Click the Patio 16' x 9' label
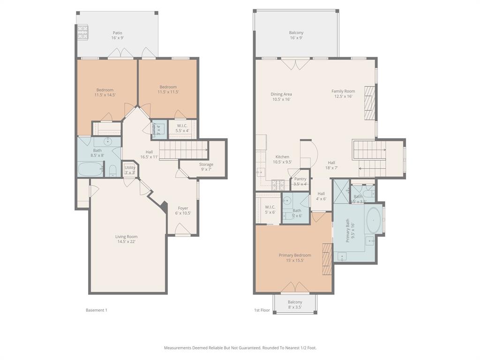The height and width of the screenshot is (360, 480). tap(117, 36)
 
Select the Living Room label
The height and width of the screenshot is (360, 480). tap(126, 239)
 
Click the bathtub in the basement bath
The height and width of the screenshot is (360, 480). tap(90, 169)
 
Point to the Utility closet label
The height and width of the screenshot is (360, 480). tap(130, 170)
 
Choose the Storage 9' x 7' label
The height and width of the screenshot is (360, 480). tap(206, 167)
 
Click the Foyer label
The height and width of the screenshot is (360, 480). tap(183, 210)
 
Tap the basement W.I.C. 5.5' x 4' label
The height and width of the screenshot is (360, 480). tap(182, 128)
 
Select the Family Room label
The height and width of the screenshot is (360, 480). tap(343, 94)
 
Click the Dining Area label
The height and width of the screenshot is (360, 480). tap(281, 97)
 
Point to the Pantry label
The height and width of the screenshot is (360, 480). tap(300, 181)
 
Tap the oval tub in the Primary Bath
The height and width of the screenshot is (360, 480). tap(373, 221)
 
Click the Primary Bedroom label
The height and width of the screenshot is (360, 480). tap(295, 258)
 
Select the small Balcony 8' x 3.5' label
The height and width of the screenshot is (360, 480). tap(295, 305)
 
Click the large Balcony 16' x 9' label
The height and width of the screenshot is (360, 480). tap(296, 35)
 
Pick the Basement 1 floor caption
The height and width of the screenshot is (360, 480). tap(97, 310)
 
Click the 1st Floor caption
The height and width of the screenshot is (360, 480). tap(262, 310)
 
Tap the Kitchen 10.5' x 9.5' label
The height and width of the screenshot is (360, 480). tap(282, 159)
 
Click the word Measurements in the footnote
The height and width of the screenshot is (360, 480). tap(177, 348)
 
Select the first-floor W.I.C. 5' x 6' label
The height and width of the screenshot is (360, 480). tap(270, 210)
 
